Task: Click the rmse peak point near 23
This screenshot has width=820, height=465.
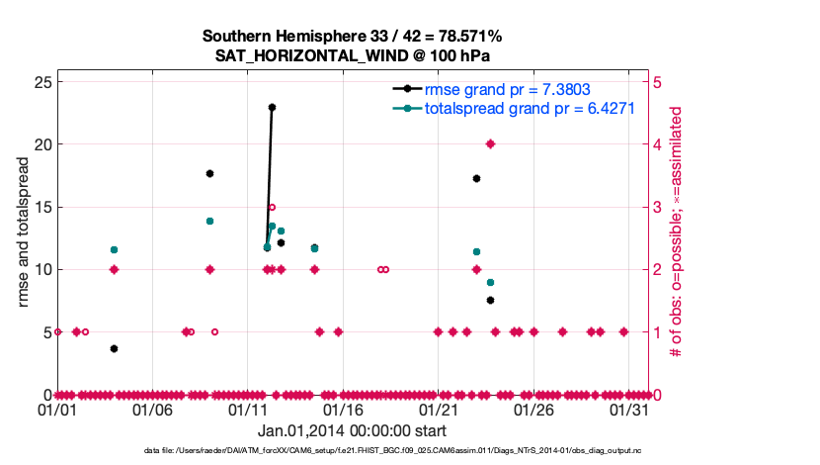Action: tap(272, 107)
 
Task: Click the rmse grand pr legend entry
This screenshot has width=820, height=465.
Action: tap(499, 89)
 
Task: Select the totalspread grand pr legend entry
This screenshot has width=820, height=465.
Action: tap(529, 109)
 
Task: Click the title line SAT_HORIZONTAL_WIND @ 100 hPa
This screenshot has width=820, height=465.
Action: tap(353, 55)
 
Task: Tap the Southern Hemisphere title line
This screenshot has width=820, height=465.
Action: tap(353, 36)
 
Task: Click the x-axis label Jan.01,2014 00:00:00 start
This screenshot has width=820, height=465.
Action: tap(352, 430)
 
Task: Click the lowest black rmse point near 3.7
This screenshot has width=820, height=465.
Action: tap(115, 348)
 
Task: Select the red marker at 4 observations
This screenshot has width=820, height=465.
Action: tap(490, 143)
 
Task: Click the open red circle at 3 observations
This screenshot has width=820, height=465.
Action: tap(272, 207)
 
